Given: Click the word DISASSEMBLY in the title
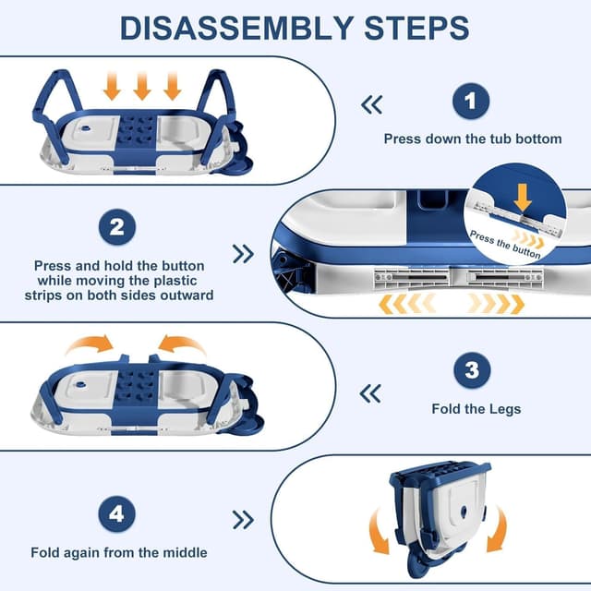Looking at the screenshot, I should (x=235, y=27).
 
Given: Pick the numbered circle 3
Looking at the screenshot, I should (x=471, y=372).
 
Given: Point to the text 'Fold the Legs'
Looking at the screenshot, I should (x=476, y=408).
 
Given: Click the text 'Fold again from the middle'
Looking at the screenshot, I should (x=119, y=553).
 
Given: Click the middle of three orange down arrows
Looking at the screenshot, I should (x=141, y=87).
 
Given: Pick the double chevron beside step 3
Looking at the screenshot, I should (x=370, y=394).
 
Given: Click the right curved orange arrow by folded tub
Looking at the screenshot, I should (x=496, y=533).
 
